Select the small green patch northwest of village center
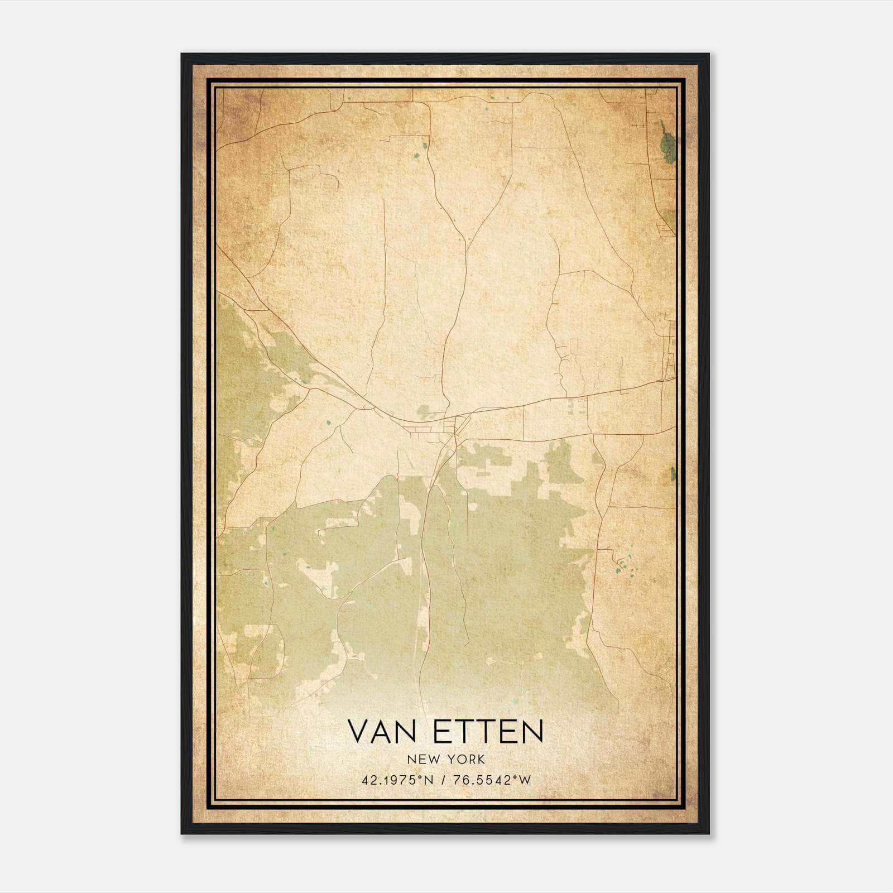(424, 410)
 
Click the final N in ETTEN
(532, 731)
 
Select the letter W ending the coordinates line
(525, 780)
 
